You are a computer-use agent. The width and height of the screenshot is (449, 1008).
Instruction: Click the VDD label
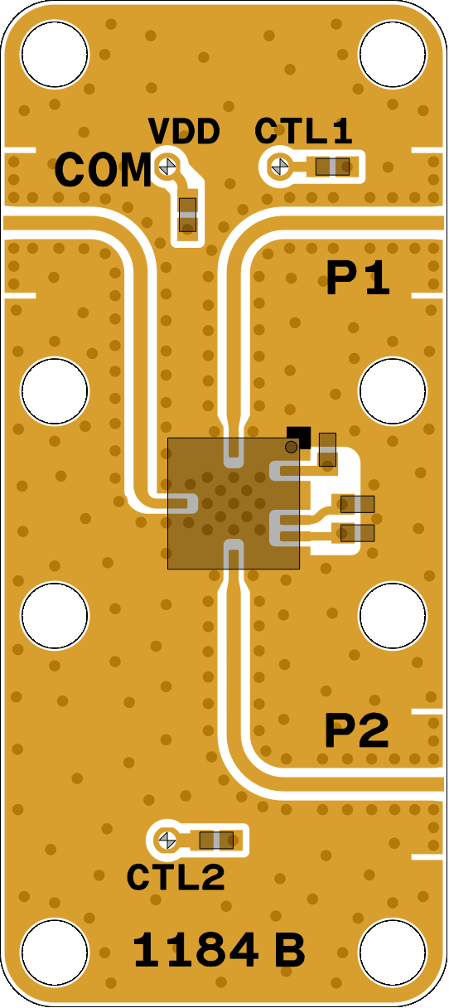click(x=184, y=132)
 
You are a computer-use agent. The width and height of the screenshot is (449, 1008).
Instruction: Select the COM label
click(x=103, y=170)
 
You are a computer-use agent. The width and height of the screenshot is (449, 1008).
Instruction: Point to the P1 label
click(x=358, y=279)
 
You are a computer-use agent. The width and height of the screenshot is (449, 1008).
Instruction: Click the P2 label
click(x=357, y=731)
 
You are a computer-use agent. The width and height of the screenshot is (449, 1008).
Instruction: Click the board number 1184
click(x=196, y=950)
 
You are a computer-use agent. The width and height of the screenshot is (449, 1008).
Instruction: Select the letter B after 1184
click(x=290, y=950)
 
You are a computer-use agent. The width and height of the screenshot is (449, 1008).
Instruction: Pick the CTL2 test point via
click(x=167, y=840)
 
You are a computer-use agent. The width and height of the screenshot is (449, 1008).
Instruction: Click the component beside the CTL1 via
click(x=332, y=167)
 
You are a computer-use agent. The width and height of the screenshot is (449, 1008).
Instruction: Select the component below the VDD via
click(x=187, y=215)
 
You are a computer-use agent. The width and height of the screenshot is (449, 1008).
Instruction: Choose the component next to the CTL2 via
click(x=216, y=840)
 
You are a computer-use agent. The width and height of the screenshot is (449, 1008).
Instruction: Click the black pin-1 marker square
click(x=299, y=438)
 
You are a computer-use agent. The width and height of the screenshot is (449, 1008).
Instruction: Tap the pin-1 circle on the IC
click(x=291, y=447)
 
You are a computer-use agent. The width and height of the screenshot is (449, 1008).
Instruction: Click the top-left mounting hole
click(x=55, y=54)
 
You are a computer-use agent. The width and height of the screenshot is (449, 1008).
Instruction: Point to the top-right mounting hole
click(x=393, y=54)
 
